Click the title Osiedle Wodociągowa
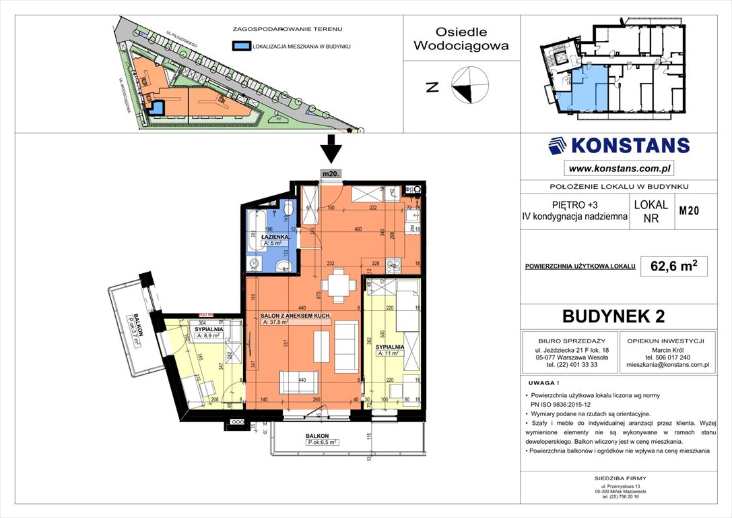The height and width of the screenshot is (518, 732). (461, 39)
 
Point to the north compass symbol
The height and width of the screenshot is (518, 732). (470, 86)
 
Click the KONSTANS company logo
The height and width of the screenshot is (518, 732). (618, 146)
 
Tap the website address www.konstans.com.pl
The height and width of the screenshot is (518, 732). (619, 169)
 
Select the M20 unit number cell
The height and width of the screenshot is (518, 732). (688, 211)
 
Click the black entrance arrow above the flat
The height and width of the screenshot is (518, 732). (331, 148)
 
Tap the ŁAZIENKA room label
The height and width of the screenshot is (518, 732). (276, 238)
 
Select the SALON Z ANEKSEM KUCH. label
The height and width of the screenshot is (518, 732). (295, 315)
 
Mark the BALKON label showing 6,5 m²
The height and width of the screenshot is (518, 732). (321, 437)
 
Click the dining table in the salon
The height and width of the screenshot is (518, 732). (338, 285)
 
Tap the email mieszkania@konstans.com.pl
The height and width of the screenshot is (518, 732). (667, 364)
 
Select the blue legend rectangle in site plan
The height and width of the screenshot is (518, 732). (240, 47)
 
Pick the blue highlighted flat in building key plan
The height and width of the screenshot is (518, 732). (583, 92)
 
